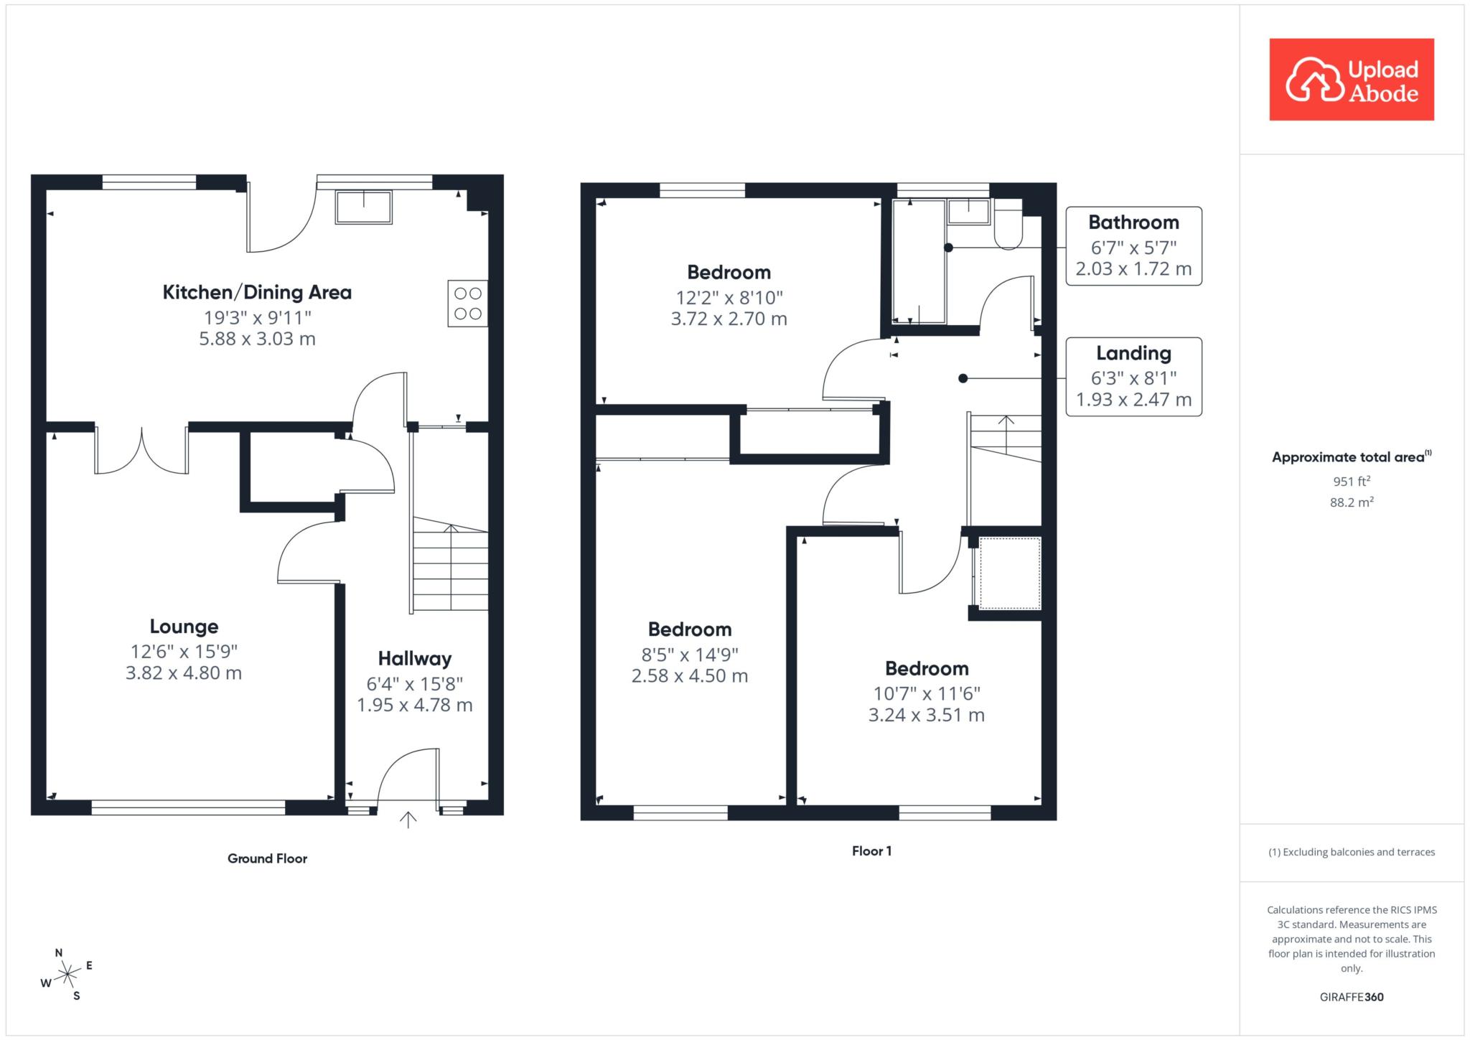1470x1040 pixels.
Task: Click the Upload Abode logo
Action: pyautogui.click(x=1352, y=80)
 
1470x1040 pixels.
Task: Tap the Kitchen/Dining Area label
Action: pyautogui.click(x=257, y=292)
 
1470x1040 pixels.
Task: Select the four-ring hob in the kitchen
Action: pyautogui.click(x=468, y=304)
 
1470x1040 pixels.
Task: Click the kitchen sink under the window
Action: pyautogui.click(x=364, y=207)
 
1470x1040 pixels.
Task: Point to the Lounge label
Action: pyautogui.click(x=184, y=627)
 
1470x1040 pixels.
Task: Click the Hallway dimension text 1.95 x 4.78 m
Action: pyautogui.click(x=415, y=705)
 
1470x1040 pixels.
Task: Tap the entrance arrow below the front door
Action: pyautogui.click(x=408, y=820)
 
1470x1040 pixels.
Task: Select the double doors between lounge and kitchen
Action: pyautogui.click(x=142, y=451)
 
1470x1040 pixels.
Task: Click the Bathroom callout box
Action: pyautogui.click(x=1133, y=246)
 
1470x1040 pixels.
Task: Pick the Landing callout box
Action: pyautogui.click(x=1133, y=377)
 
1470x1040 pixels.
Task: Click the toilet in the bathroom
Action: pyautogui.click(x=1008, y=224)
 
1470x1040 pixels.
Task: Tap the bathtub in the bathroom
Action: pyautogui.click(x=919, y=262)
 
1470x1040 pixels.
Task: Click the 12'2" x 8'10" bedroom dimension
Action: pyautogui.click(x=729, y=298)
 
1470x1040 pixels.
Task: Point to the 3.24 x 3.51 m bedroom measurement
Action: pyautogui.click(x=927, y=715)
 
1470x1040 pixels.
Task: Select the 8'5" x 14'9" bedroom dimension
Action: pyautogui.click(x=690, y=655)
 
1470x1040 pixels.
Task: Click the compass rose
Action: pyautogui.click(x=67, y=974)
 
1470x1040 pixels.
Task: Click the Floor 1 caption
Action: pyautogui.click(x=871, y=851)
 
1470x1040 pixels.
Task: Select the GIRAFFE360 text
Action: pyautogui.click(x=1352, y=997)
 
